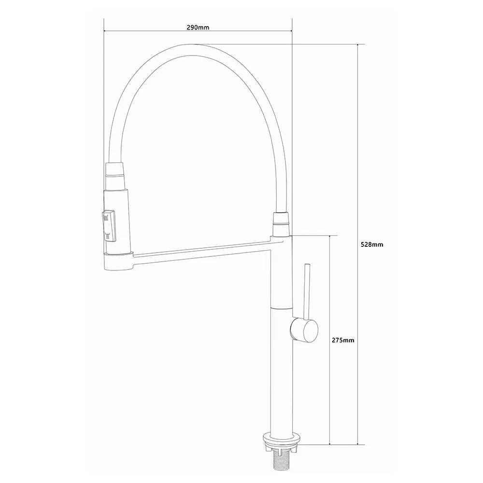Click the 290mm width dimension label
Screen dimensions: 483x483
[x=198, y=28]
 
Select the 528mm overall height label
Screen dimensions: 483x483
[x=372, y=244]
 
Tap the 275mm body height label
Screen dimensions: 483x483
[x=343, y=341]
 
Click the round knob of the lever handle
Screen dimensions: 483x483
[x=304, y=330]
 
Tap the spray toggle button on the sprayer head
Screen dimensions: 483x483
[x=109, y=226]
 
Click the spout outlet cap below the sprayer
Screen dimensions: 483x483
[x=119, y=261]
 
